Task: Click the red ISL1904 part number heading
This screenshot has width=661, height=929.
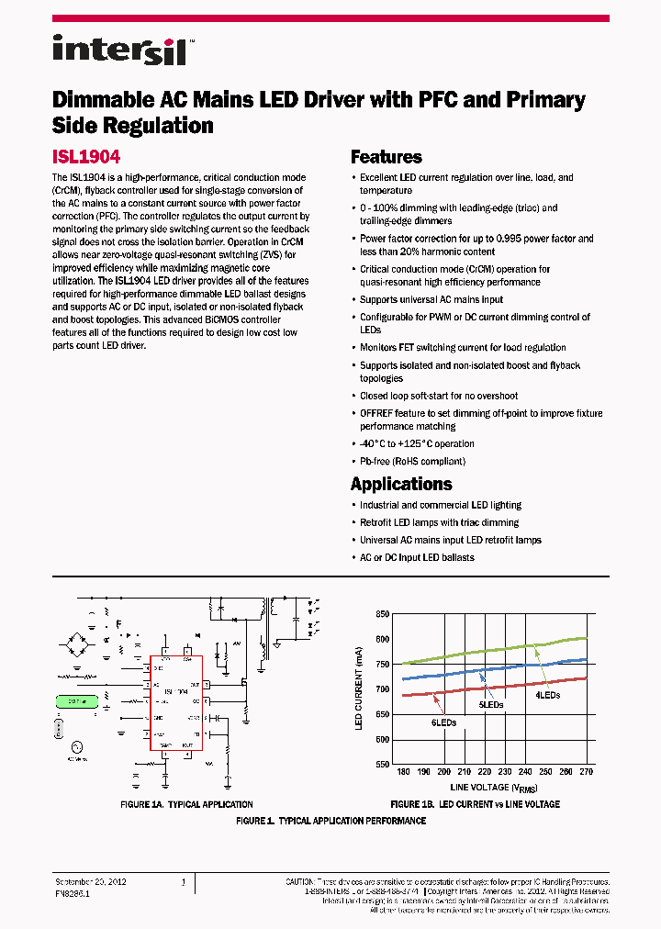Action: [86, 157]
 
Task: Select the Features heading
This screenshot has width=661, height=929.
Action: [387, 157]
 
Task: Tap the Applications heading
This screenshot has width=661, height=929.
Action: [401, 484]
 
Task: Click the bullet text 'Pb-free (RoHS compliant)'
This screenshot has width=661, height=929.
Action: [412, 462]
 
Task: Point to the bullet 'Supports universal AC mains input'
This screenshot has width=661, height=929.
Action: [431, 299]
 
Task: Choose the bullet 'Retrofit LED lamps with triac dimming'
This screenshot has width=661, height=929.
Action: [439, 522]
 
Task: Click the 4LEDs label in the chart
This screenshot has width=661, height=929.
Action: [548, 695]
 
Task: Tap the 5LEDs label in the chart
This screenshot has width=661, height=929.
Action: [491, 704]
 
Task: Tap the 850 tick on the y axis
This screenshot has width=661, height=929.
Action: [381, 614]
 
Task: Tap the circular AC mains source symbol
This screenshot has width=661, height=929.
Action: [75, 748]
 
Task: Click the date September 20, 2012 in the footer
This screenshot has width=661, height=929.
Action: [91, 881]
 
